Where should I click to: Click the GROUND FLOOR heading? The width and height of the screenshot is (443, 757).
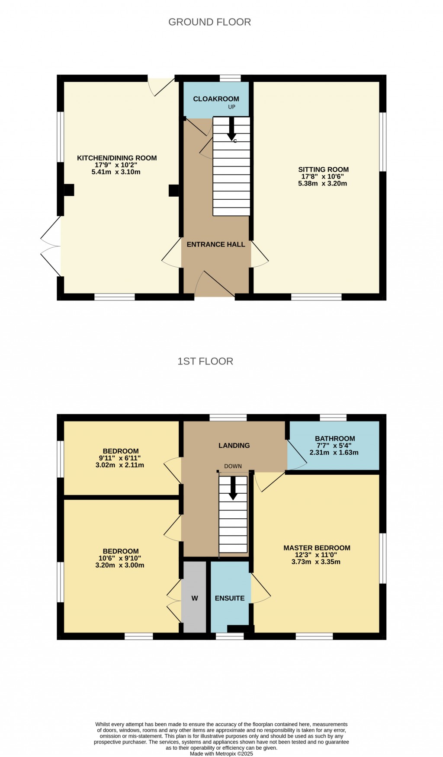tap(209, 22)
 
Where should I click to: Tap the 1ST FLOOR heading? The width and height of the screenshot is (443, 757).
tap(205, 361)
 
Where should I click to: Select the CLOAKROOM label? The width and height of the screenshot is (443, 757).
tap(216, 99)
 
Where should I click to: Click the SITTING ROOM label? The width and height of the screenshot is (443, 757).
tap(323, 169)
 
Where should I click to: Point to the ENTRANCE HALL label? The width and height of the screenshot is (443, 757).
tap(216, 244)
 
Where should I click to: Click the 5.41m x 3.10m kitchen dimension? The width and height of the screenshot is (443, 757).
tap(116, 172)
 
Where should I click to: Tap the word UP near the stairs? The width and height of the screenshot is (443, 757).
tap(232, 107)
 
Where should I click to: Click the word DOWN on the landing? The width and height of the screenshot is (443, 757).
tap(233, 466)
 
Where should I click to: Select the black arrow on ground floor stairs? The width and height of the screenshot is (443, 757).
tap(231, 128)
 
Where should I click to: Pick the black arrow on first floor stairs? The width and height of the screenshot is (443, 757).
tap(233, 488)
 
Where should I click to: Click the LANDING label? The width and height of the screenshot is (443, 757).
tap(234, 446)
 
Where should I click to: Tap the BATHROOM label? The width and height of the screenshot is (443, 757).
tap(335, 439)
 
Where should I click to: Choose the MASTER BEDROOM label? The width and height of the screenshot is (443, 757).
tap(317, 548)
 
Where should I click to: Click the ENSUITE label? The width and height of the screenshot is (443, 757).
tap(230, 598)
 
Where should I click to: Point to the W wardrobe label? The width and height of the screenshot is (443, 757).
tap(195, 598)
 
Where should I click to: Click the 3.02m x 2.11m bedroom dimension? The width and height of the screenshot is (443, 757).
tap(119, 466)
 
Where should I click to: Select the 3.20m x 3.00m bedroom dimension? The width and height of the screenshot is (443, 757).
tap(119, 565)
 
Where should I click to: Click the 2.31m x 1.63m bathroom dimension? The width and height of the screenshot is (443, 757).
tap(334, 453)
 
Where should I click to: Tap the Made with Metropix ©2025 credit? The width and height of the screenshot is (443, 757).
tap(221, 754)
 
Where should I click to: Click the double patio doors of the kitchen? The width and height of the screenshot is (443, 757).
tap(51, 246)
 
